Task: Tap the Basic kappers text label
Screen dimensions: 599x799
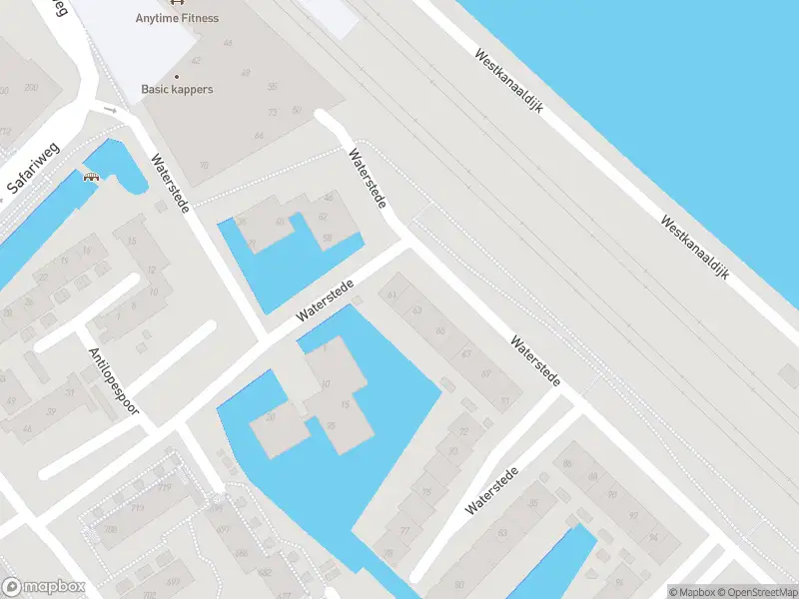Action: click(177, 90)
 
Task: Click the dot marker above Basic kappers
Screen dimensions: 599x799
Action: click(177, 77)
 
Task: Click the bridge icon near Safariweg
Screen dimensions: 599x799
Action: click(93, 177)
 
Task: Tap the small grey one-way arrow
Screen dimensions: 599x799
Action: click(110, 110)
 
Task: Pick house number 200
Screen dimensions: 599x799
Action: click(31, 89)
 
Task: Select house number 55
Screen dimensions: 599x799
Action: click(272, 87)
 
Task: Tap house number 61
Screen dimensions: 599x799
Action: click(392, 295)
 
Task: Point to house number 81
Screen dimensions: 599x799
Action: click(505, 401)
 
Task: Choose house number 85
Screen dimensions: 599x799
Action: click(567, 463)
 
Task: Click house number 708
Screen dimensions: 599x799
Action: click(110, 530)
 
